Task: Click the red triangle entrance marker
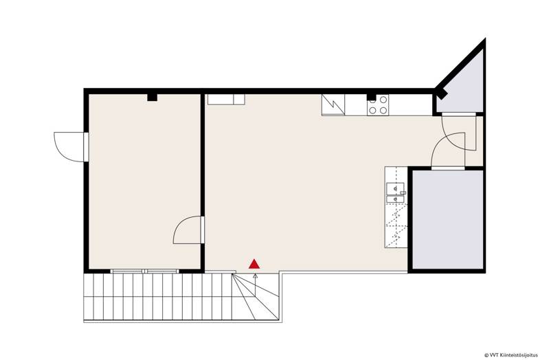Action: click(x=254, y=264)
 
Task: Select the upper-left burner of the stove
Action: click(x=372, y=100)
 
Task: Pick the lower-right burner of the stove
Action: click(x=383, y=110)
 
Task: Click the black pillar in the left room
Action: click(x=153, y=98)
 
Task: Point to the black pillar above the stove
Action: click(x=371, y=97)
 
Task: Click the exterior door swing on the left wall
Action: click(x=69, y=147)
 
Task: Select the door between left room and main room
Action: click(x=188, y=230)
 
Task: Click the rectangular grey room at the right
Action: click(x=447, y=220)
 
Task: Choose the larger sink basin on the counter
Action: click(x=395, y=188)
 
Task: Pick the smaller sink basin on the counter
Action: click(x=395, y=199)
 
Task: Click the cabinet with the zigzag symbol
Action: click(x=333, y=104)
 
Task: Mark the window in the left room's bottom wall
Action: click(x=145, y=271)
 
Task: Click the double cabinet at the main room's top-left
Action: click(x=226, y=100)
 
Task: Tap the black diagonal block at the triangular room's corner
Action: click(x=441, y=93)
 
